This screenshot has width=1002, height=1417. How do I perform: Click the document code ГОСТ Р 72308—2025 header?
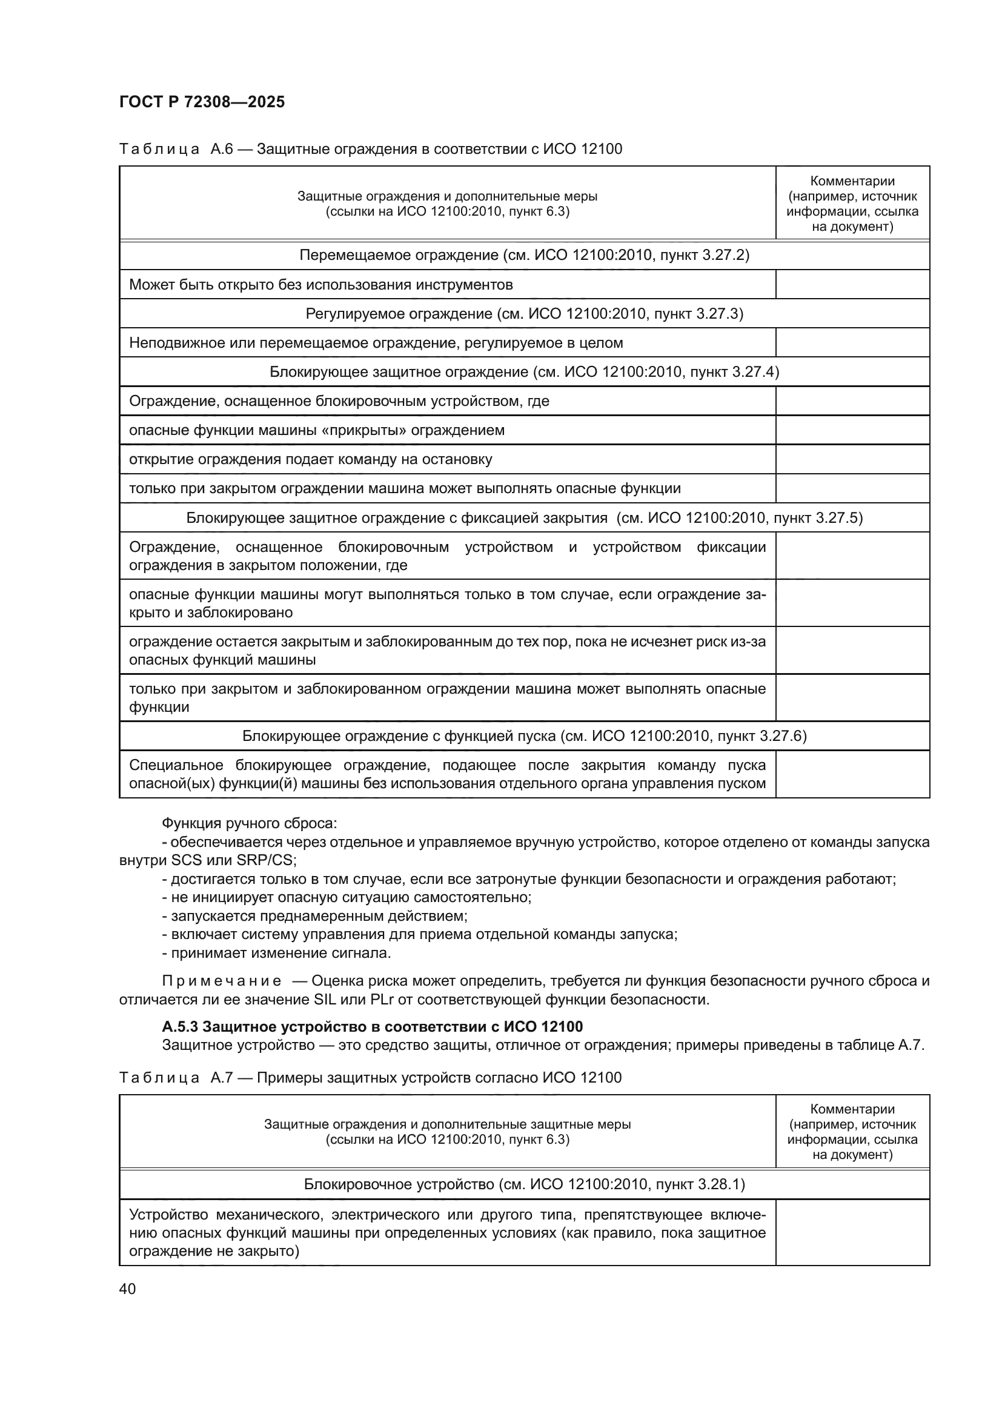(x=202, y=102)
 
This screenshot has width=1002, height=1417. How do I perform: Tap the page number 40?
(x=128, y=1289)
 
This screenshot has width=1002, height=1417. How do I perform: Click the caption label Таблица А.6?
(x=175, y=149)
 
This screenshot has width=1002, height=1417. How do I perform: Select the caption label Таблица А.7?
(x=175, y=1078)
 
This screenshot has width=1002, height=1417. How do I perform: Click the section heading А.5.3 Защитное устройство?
(x=372, y=1026)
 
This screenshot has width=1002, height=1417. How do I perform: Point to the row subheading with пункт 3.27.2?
(x=524, y=256)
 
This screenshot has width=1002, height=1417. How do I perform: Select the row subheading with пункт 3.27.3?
(x=524, y=314)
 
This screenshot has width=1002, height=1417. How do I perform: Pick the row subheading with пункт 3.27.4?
(x=524, y=372)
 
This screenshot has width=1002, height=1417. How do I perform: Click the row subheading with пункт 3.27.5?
(x=524, y=518)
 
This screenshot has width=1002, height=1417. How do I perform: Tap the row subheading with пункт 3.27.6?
(x=524, y=735)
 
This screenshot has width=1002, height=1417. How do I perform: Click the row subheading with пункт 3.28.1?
(x=524, y=1184)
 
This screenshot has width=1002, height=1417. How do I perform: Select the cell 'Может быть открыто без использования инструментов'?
(x=321, y=285)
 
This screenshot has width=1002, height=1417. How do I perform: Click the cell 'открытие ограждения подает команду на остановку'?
(x=310, y=460)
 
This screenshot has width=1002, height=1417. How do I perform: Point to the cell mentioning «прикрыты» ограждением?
(x=316, y=431)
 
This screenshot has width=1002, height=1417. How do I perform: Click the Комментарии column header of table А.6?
(x=852, y=204)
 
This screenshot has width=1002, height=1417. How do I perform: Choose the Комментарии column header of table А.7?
(x=852, y=1131)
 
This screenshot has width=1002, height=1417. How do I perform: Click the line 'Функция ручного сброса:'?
(x=249, y=823)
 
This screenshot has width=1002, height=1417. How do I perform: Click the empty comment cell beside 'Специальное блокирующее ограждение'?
(x=852, y=774)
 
